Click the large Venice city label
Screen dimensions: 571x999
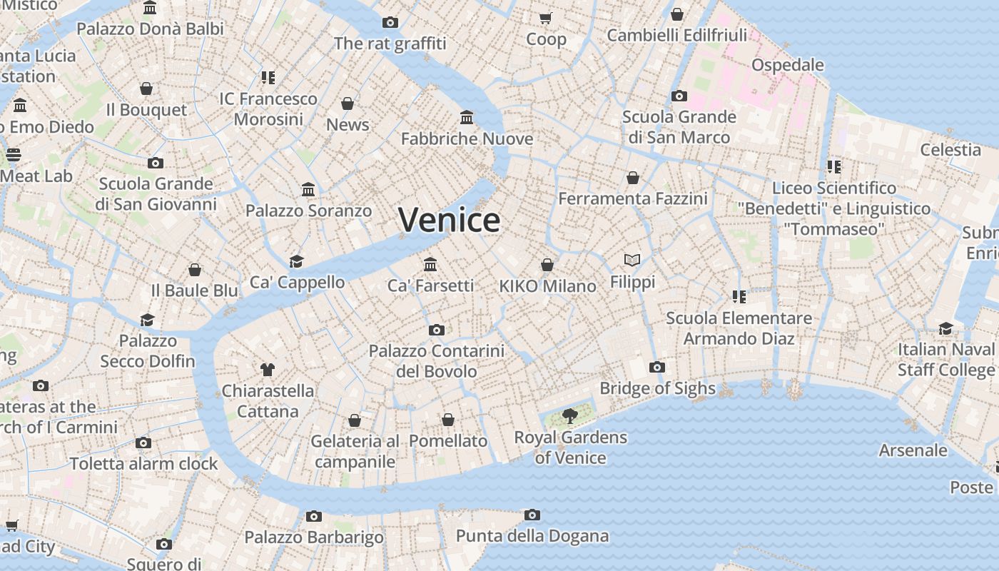coord(449,219)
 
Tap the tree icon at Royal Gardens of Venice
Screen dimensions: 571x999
coord(569,415)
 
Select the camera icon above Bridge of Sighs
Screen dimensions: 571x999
coord(657,368)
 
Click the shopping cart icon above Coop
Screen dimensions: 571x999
coord(546,18)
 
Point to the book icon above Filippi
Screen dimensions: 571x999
coord(632,260)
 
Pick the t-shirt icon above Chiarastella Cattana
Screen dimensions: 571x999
coord(268,369)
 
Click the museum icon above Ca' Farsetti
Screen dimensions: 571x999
coord(430,264)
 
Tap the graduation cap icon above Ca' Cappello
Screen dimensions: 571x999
coord(297,261)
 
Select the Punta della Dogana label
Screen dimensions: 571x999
coord(532,536)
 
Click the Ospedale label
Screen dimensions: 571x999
coord(787,65)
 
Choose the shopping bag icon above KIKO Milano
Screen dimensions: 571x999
coord(547,265)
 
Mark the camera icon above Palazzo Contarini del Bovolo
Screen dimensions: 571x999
coord(437,330)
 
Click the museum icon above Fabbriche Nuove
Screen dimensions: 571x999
coord(467,117)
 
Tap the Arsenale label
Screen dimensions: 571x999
coord(913,450)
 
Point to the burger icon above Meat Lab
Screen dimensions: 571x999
coord(14,154)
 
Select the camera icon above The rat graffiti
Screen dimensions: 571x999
coord(390,22)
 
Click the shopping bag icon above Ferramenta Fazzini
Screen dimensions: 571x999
coord(633,178)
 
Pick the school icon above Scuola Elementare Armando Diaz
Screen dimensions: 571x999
coord(739,296)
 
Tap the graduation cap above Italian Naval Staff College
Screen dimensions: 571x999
coord(945,328)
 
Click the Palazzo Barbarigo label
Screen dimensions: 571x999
coord(314,537)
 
